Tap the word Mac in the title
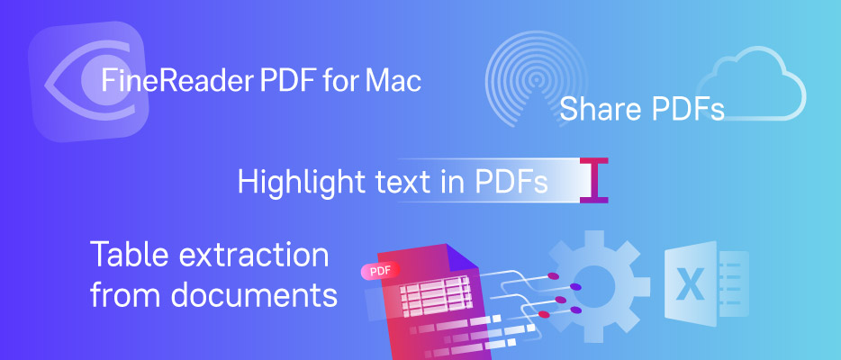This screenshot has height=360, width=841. click(393, 81)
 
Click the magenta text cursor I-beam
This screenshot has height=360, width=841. click(593, 181)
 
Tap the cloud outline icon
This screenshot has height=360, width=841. click(751, 84)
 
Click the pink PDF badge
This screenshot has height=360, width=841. click(380, 271)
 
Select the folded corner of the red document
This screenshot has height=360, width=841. click(461, 257)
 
